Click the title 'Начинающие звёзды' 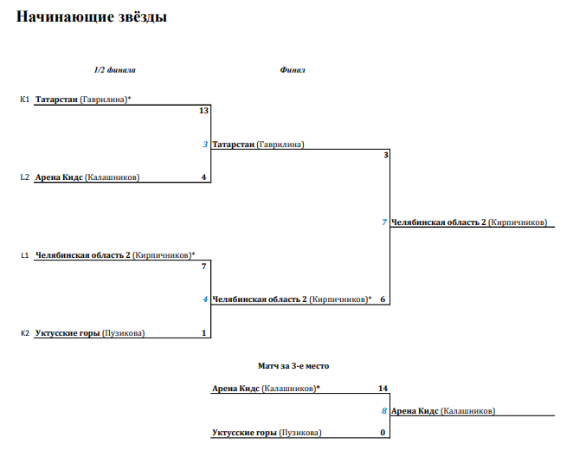coord(92,16)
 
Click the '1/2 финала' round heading coord(115,70)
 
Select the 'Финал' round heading coord(293,70)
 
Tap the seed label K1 coord(24,100)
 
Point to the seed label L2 coord(24,177)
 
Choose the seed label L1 coord(24,255)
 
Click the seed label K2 coord(24,333)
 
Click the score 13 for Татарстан coord(203,111)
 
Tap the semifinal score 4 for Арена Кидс coord(203,177)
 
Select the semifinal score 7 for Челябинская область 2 coord(203,267)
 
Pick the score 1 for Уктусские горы coord(203,333)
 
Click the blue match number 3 coord(205,145)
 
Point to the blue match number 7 coord(384,222)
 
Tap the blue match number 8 coord(384,411)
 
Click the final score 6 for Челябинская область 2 coord(383,299)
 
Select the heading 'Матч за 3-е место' coord(293,366)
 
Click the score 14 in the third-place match coord(383,389)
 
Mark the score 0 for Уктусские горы coord(383,433)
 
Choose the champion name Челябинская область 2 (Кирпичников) coord(469,222)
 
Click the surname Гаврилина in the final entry coord(280,145)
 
